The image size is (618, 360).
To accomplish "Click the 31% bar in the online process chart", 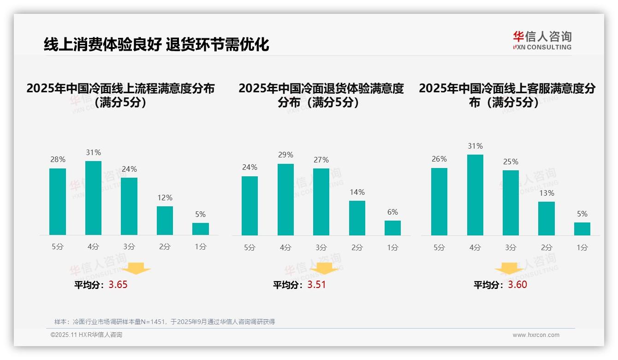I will (x=93, y=198).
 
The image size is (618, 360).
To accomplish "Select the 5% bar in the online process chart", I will (x=201, y=229).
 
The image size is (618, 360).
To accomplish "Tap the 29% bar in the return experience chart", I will (x=285, y=199).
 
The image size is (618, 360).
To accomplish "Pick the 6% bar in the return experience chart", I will (x=392, y=228).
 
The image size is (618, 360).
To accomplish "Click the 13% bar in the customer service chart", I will (x=547, y=218).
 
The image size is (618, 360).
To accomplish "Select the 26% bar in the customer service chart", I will (x=439, y=202).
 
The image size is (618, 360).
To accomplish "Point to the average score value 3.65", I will (x=118, y=285).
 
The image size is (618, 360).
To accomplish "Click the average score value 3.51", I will (x=316, y=285).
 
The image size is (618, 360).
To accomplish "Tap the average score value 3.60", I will (x=517, y=285).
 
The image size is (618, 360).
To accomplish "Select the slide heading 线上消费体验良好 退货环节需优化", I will (x=156, y=44).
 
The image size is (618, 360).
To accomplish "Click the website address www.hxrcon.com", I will (x=536, y=335).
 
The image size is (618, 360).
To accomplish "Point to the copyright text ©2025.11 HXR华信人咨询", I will (x=86, y=335).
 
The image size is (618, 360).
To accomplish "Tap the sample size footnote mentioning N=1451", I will (x=165, y=322).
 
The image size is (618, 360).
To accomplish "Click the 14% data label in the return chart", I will (x=357, y=192).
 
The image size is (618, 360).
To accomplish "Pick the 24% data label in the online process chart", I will (x=129, y=169).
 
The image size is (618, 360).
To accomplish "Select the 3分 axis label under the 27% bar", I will (x=321, y=247).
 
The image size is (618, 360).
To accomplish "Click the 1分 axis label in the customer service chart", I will (x=582, y=247).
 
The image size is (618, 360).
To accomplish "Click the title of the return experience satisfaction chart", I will (x=321, y=95).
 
